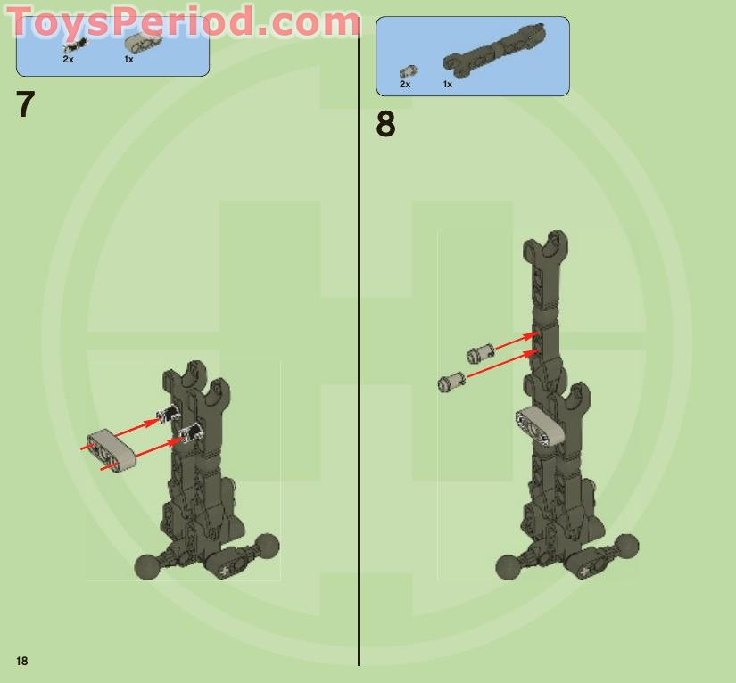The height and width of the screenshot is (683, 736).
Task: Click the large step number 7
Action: tap(25, 105)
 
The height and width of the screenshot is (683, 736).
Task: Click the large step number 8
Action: tap(385, 125)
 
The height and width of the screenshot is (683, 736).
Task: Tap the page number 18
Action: tap(21, 661)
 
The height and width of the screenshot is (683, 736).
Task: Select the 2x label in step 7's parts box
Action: tap(68, 59)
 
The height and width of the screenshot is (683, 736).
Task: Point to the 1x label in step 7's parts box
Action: tap(128, 59)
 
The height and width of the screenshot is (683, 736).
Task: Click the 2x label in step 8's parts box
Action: tap(405, 84)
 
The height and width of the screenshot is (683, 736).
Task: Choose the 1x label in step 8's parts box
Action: tap(448, 84)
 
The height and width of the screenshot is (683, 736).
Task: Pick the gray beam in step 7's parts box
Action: tap(142, 43)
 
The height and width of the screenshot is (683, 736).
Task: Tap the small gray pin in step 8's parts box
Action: tap(407, 70)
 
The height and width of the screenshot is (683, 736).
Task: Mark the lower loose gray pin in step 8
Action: tap(451, 382)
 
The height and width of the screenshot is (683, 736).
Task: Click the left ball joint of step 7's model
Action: tap(146, 566)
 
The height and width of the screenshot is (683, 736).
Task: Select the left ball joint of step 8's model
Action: tap(509, 566)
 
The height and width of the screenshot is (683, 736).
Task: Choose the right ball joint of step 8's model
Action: tap(626, 546)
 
